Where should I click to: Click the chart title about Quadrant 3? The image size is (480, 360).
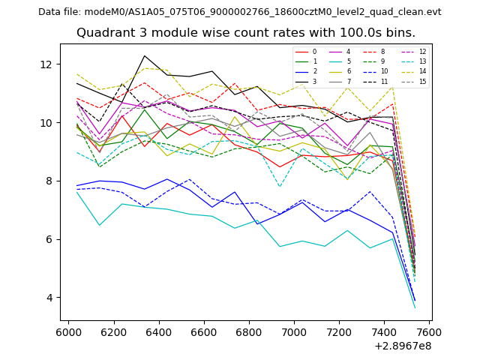point(245,33)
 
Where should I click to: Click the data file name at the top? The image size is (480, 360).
point(239,12)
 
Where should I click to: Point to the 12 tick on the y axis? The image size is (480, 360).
point(50,64)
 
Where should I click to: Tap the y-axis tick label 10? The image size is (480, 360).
point(50,122)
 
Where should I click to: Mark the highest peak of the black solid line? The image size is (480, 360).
point(145,55)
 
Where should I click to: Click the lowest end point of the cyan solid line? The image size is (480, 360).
point(415,308)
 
